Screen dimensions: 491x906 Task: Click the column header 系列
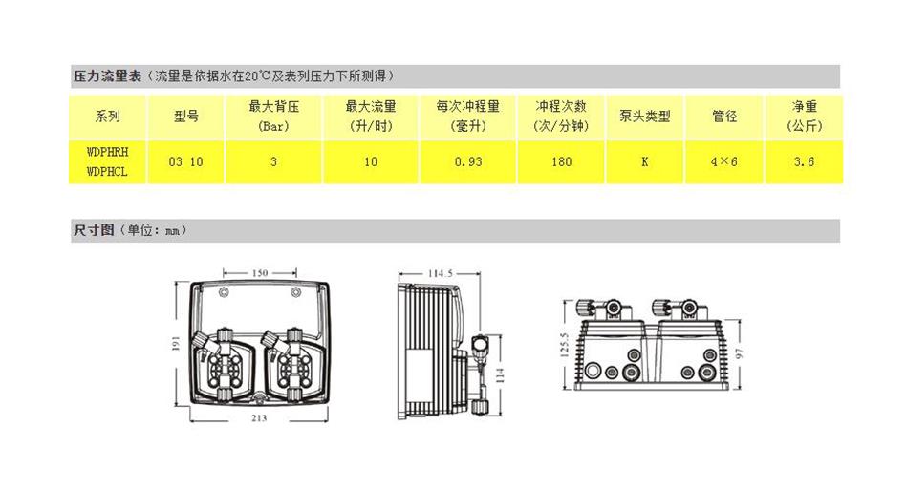point(107,116)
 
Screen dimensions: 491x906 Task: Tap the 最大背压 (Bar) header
point(273,116)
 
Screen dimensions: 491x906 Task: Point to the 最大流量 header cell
point(371,116)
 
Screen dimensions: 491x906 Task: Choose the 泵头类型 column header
point(644,116)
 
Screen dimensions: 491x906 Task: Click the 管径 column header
point(724,116)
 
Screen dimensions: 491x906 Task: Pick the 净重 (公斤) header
point(803,116)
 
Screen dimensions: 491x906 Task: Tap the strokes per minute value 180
point(562,161)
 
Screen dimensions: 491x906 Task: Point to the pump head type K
point(644,161)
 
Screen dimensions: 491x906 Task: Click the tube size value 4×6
point(724,161)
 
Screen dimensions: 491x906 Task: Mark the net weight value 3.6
point(804,161)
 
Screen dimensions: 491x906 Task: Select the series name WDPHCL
point(107,172)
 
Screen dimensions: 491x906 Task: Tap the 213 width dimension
point(259,418)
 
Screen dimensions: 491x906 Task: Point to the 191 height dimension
point(177,344)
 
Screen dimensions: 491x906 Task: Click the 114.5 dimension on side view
point(440,274)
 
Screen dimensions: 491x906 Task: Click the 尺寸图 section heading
point(94,230)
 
